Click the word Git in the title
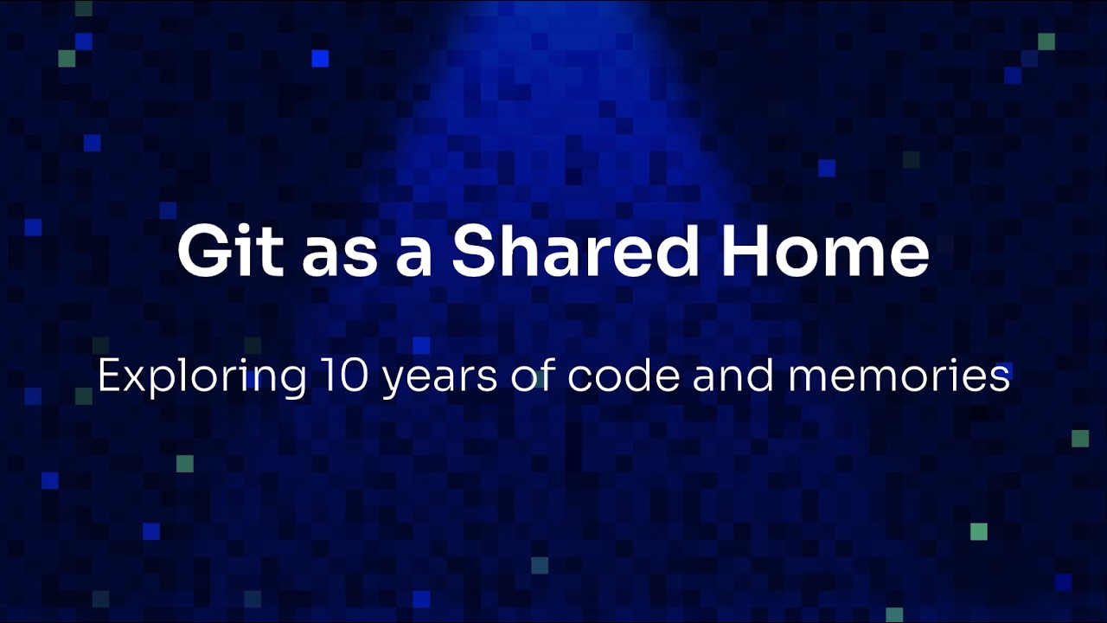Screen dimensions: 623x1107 pos(229,250)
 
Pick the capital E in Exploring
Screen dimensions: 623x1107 pos(108,376)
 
